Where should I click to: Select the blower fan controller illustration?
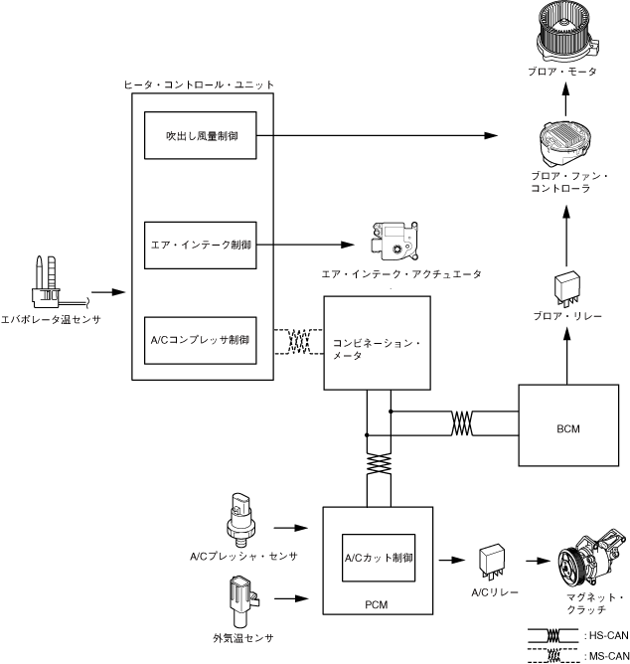click(566, 140)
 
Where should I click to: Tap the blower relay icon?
click(566, 284)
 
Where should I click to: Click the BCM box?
click(568, 427)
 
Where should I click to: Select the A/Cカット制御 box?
click(378, 557)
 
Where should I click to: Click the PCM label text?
click(377, 601)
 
